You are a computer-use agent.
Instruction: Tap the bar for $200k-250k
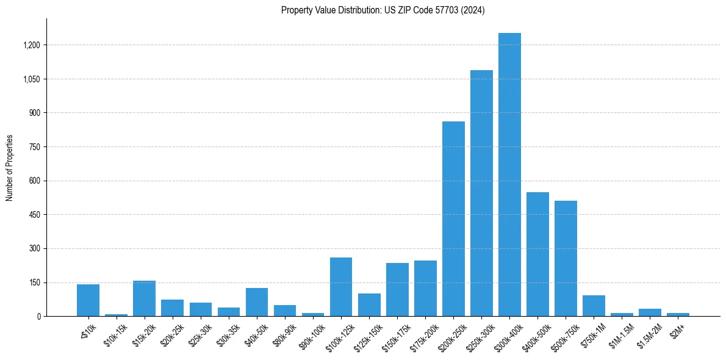tap(453, 219)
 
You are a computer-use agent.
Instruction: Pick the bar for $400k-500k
tap(537, 254)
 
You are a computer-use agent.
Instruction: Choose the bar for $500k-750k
tap(566, 259)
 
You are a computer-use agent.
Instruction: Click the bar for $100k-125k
tap(341, 287)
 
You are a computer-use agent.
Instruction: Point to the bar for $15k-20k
tap(144, 298)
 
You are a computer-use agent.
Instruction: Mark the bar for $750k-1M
tap(594, 306)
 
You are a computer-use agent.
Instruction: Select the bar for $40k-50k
tap(257, 302)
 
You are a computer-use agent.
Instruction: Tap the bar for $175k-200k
tap(425, 289)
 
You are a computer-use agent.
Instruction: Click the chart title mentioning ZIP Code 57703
tap(383, 10)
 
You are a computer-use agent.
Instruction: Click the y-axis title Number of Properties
tap(10, 168)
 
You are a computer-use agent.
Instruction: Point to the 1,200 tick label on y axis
tap(31, 45)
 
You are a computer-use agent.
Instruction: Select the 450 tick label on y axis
tap(35, 215)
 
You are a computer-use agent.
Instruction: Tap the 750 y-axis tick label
tap(35, 147)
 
